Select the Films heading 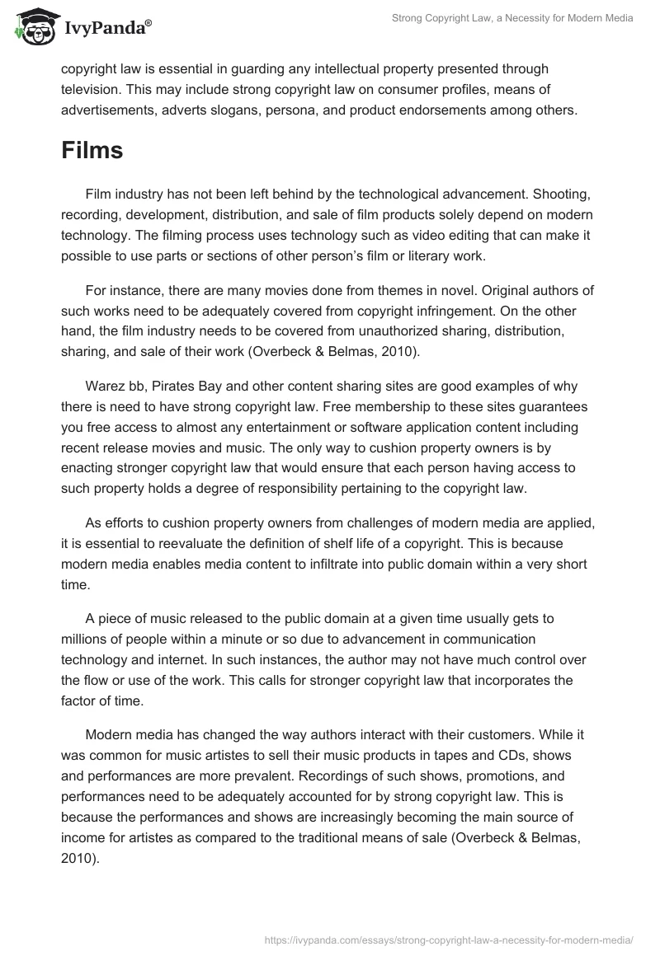point(92,150)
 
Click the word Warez point(104,387)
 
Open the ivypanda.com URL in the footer point(448,939)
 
